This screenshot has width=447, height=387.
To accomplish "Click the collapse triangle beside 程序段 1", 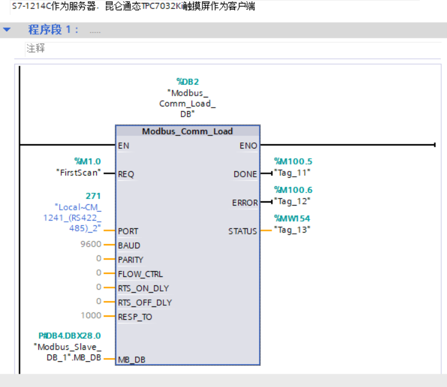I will [x=7, y=29].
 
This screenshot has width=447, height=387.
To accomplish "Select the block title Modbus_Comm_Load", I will [x=187, y=131].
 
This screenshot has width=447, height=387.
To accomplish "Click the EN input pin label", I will [x=124, y=145].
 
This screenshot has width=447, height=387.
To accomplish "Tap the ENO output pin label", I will [x=248, y=145].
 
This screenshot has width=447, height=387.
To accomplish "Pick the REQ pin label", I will [x=126, y=174].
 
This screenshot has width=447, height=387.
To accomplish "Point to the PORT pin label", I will [x=128, y=231].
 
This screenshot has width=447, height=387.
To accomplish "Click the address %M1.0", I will [x=88, y=161].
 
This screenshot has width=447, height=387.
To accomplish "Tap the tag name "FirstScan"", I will [x=77, y=172].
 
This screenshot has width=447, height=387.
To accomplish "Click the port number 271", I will [x=93, y=196].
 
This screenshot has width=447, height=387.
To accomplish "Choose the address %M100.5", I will [x=293, y=161].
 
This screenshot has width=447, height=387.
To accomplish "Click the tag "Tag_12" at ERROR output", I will [x=292, y=201].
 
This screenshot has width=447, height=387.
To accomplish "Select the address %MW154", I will [x=293, y=218].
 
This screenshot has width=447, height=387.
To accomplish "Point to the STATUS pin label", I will [x=243, y=231].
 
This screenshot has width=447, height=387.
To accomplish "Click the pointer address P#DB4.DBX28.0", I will [x=70, y=336].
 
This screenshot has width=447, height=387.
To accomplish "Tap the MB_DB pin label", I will [x=132, y=359].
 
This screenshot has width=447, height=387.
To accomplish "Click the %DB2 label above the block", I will [x=187, y=81].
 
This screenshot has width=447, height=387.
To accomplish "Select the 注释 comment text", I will [x=35, y=49].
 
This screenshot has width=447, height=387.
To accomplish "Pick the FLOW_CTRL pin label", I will [x=140, y=274].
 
